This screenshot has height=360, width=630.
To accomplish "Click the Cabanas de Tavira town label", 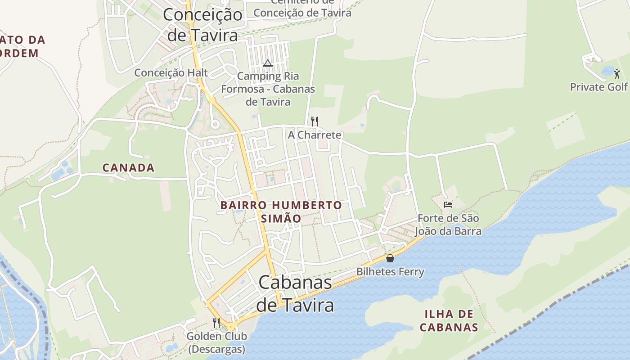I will (295, 293).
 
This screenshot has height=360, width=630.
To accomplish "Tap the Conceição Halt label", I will (171, 72).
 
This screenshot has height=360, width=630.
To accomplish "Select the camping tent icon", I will (268, 63).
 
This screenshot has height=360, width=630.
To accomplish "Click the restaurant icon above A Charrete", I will (315, 121).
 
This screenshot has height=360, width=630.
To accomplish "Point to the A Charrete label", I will (315, 135).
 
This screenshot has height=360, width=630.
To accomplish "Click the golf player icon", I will (616, 73).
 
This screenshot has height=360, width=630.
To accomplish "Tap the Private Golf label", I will (598, 87).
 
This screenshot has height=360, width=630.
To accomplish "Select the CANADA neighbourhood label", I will (129, 168).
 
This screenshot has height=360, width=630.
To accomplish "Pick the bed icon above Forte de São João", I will (448, 205).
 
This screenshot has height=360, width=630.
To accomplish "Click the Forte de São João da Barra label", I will (448, 225).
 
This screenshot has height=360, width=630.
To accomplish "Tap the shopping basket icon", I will (390, 258).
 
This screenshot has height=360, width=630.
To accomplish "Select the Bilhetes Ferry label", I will (390, 272).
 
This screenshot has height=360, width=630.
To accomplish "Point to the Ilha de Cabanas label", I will (449, 320).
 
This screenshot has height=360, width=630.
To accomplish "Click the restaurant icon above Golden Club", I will (216, 323).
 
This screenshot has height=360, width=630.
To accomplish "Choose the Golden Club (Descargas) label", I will (216, 342).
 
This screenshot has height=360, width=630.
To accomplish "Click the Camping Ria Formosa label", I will (268, 89).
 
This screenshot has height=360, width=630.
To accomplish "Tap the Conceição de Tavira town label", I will (202, 24).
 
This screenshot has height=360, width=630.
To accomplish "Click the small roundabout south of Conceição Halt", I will (215, 124).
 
